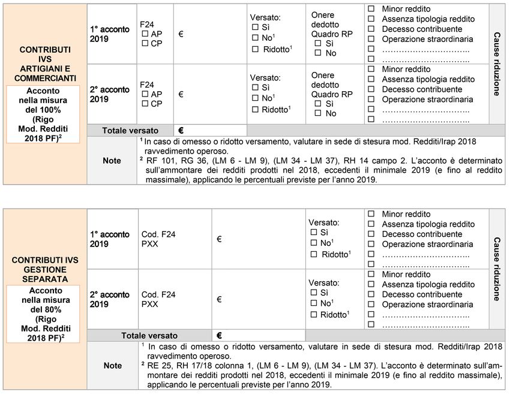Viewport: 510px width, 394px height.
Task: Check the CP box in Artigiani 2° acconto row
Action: tap(145, 104)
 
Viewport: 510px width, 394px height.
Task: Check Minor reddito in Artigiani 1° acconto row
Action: tap(371, 9)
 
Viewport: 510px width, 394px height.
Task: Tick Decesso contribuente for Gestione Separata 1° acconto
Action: tap(371, 234)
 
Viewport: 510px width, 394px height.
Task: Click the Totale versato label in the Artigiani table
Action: tap(130, 130)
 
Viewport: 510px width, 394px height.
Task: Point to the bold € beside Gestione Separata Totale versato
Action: tap(220, 336)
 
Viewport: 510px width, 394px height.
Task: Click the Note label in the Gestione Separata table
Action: tap(112, 365)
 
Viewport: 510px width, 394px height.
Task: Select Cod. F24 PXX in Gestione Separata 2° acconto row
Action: tap(158, 299)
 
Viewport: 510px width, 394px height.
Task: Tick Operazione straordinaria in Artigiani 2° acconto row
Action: tap(371, 100)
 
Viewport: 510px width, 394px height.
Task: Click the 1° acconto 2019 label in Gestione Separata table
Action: tap(110, 239)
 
